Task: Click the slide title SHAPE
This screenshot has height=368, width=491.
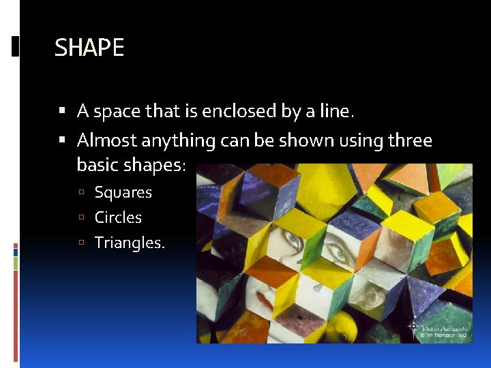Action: [x=89, y=48]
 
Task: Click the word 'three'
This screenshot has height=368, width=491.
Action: [x=410, y=140]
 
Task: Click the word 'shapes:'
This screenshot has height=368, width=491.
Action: [x=159, y=166]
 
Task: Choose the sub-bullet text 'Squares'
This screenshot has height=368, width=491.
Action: [x=123, y=192]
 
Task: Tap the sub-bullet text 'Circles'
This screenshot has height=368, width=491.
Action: [x=118, y=217]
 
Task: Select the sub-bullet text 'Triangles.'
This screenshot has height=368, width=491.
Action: [x=130, y=243]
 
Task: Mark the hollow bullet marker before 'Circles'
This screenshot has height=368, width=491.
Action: [x=82, y=218]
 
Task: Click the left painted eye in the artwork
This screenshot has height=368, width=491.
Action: [x=292, y=240]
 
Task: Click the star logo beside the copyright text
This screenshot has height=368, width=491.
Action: [x=413, y=328]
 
